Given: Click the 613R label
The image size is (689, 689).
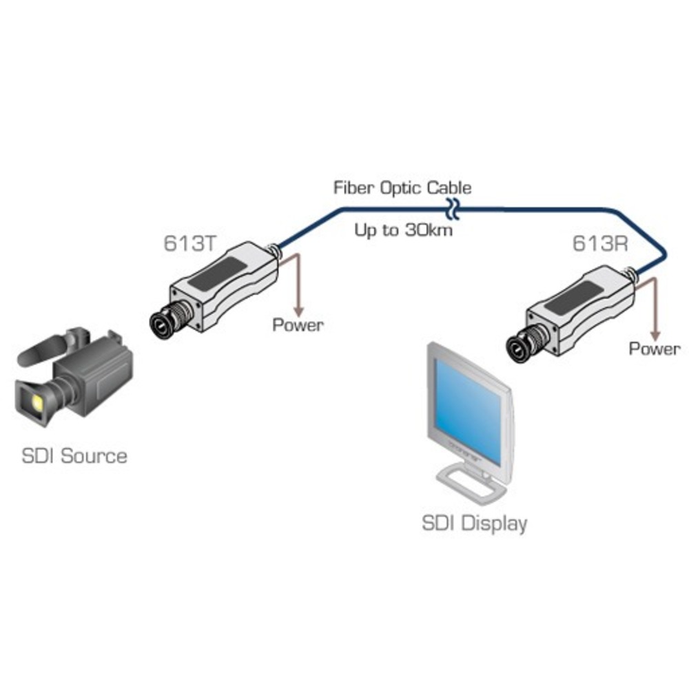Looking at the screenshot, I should (x=597, y=244).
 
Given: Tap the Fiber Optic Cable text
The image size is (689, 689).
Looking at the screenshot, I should (x=402, y=187).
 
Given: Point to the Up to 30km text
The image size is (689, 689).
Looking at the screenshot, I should (x=403, y=229).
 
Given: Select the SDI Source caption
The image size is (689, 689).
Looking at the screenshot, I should (x=74, y=456).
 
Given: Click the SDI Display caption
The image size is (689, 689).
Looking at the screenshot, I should (x=474, y=523).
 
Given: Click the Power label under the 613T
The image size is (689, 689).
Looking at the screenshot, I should (x=298, y=325).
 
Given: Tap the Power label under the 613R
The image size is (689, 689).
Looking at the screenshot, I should (x=654, y=349).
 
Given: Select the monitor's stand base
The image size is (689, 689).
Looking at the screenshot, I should (x=468, y=485).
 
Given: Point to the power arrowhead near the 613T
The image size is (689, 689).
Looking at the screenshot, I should (x=298, y=307).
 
